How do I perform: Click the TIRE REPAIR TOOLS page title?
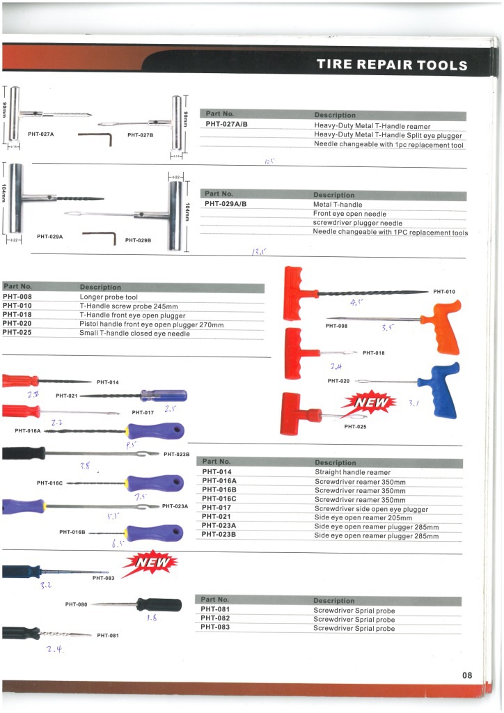point(392,65)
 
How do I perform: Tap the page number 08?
point(466,674)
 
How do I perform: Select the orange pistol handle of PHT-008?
point(441,327)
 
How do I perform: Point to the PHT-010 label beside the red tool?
point(443,292)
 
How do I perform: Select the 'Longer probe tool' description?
point(109,296)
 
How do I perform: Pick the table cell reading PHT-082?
point(215,618)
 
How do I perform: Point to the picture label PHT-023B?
point(177,455)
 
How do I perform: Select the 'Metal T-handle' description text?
point(338,205)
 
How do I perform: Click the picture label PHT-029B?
point(139,240)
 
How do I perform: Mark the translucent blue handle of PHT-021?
point(164,395)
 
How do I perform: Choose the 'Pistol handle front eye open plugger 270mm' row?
point(151,324)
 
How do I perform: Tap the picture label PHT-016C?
point(50,483)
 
